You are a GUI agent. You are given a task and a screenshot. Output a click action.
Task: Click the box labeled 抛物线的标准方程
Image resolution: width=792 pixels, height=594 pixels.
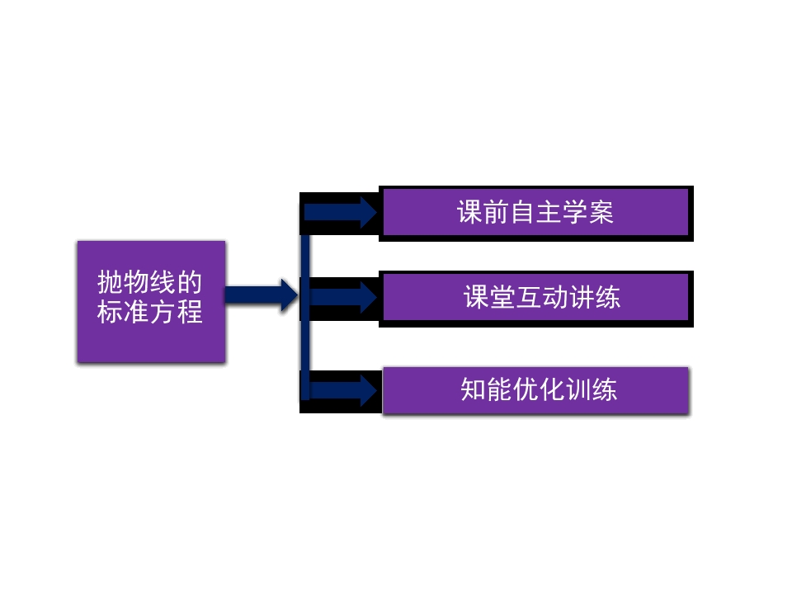coord(151,302)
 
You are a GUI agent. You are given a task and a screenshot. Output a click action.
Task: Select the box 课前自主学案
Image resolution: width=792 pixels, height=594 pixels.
coord(536,213)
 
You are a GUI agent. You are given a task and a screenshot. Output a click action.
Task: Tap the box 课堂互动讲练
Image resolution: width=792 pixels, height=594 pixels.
coord(536,298)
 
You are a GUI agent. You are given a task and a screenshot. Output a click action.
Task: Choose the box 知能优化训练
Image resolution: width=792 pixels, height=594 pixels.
coord(536,390)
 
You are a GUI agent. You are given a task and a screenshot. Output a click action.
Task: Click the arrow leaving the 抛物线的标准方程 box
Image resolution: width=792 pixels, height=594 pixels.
coord(262,295)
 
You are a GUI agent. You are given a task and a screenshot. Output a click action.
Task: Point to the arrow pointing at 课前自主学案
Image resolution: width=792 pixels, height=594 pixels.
coord(340,213)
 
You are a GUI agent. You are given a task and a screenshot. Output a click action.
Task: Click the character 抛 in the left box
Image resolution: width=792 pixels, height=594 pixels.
coord(111,282)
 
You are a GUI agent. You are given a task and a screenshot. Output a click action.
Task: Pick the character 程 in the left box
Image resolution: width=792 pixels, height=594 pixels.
coord(190,311)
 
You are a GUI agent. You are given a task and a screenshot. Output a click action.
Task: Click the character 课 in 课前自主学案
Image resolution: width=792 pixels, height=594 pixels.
coord(469,212)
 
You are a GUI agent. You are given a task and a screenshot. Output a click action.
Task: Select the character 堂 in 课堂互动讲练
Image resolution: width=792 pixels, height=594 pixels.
coord(502,297)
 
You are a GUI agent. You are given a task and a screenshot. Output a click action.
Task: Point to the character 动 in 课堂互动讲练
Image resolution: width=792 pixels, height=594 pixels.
coord(555,297)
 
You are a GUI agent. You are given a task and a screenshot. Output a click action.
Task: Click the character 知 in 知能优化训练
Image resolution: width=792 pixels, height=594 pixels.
coord(474,389)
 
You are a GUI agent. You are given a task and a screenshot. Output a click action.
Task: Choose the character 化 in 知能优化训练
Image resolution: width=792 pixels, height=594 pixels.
coord(552,389)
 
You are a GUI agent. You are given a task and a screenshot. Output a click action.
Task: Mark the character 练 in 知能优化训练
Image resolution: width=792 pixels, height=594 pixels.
coord(605,389)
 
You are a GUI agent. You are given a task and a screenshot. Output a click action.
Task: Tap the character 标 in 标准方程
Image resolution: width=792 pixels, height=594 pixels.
coord(111,311)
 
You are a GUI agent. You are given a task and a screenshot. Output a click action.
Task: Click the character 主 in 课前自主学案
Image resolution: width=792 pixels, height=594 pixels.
coord(549,212)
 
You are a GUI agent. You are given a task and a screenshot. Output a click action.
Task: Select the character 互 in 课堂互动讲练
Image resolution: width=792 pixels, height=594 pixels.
coord(529,297)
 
